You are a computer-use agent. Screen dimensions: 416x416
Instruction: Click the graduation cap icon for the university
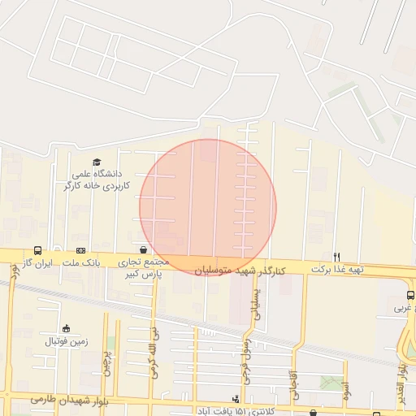[x=97, y=162]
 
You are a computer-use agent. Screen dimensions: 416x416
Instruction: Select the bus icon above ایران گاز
[x=38, y=251]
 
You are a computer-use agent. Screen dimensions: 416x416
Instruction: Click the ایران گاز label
[x=37, y=263]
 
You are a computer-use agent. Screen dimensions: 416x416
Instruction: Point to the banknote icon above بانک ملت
[x=80, y=251]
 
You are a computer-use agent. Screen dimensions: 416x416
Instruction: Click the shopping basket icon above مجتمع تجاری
[x=144, y=250]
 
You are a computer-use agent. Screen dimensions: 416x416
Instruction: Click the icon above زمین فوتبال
[x=66, y=328]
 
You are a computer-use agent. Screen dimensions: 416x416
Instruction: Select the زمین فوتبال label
[x=65, y=341]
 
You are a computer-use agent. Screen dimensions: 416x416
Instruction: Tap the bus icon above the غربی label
[x=409, y=296]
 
